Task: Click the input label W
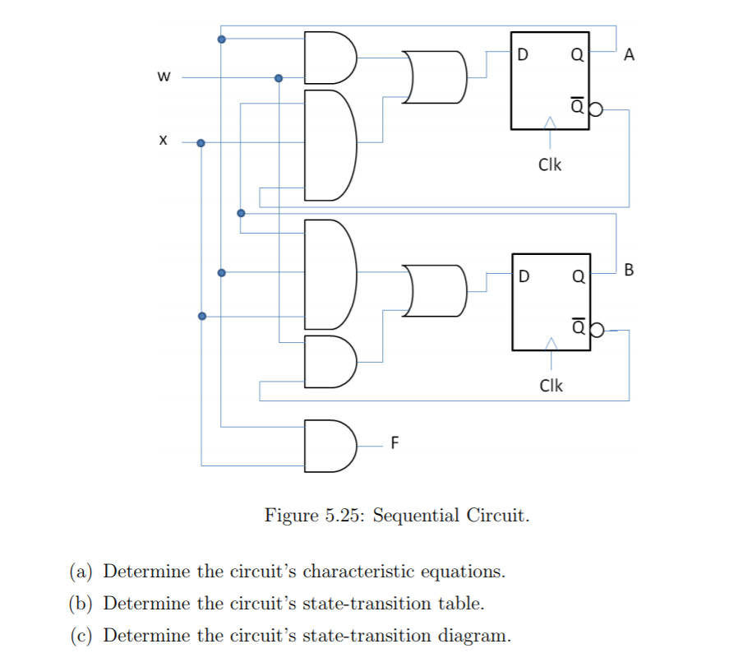coord(163,78)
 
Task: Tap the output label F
coord(394,444)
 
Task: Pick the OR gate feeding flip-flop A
coord(434,76)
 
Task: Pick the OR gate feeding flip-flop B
coord(434,290)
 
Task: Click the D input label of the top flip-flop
coord(524,56)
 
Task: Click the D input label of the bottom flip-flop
coord(524,276)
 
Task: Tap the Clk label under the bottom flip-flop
coord(550,386)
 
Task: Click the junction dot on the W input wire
coord(279,78)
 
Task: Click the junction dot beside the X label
coord(201,142)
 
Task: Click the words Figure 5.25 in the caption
coord(315,516)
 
